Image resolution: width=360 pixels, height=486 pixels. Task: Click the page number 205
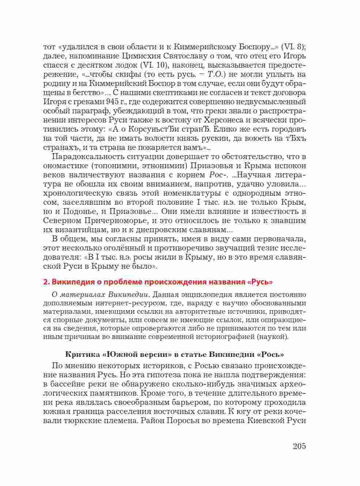tap(299, 446)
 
